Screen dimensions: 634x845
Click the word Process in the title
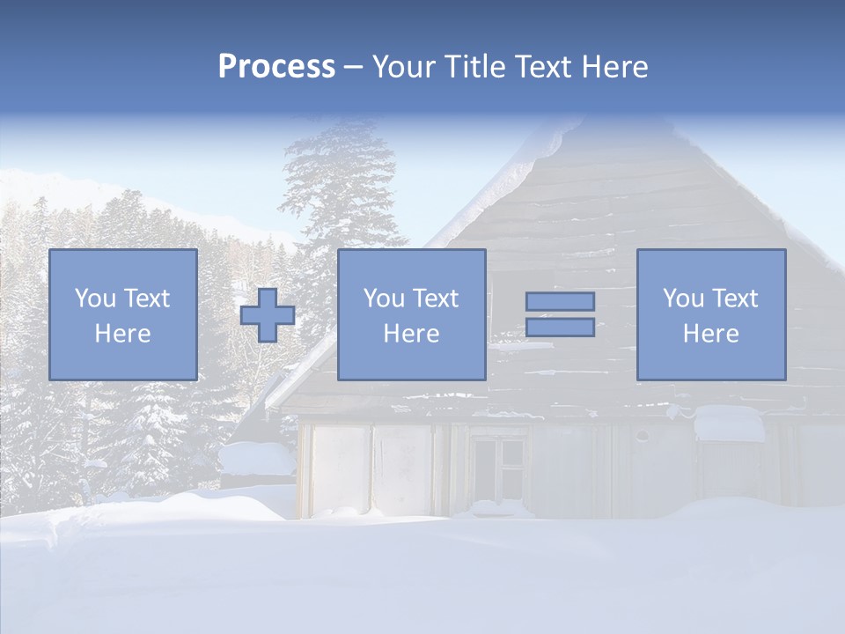(276, 67)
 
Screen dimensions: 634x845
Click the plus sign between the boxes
(268, 315)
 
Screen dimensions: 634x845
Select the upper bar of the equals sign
(560, 301)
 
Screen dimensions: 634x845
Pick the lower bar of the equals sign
(560, 327)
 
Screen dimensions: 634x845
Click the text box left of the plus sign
(122, 314)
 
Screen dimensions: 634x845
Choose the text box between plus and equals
(411, 314)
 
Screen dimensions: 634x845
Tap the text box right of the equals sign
(710, 314)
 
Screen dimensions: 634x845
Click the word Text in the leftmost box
(146, 299)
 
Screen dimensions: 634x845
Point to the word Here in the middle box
(411, 334)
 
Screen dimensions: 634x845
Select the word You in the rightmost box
(683, 299)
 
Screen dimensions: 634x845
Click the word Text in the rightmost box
(735, 299)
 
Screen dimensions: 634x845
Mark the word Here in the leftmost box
(122, 334)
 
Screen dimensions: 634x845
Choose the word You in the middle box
(384, 299)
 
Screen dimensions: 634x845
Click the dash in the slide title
(353, 68)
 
